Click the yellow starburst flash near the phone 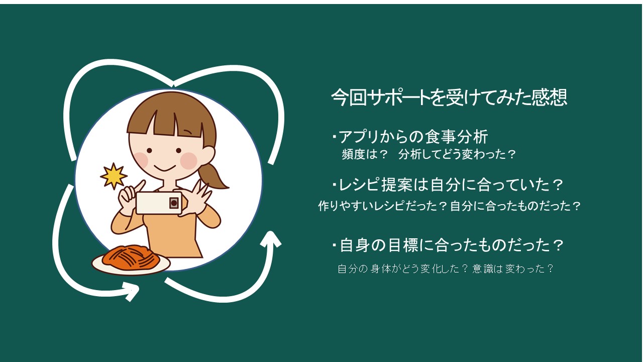tap(114, 176)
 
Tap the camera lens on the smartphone tap(174, 203)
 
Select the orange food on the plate tap(131, 256)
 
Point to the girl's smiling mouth tap(164, 168)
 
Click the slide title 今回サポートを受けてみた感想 tap(449, 98)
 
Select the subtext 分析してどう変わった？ tap(457, 154)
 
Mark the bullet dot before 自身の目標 tap(334, 245)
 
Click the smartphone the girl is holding tap(159, 203)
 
